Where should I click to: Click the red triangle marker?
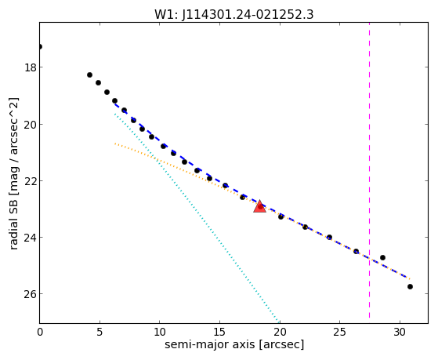pyautogui.click(x=259, y=206)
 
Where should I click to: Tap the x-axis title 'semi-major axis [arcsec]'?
pyautogui.click(x=234, y=344)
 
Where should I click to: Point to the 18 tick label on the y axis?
pyautogui.click(x=30, y=67)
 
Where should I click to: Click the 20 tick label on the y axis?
pyautogui.click(x=30, y=124)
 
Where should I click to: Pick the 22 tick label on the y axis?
pyautogui.click(x=30, y=180)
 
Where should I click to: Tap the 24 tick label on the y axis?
pyautogui.click(x=30, y=237)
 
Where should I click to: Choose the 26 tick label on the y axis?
pyautogui.click(x=30, y=293)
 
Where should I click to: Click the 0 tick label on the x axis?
pyautogui.click(x=40, y=332)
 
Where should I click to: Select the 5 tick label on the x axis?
pyautogui.click(x=100, y=332)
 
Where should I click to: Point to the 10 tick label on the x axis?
pyautogui.click(x=160, y=332)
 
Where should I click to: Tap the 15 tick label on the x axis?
pyautogui.click(x=220, y=332)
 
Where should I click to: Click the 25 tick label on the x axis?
pyautogui.click(x=340, y=332)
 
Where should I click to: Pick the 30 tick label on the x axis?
pyautogui.click(x=400, y=332)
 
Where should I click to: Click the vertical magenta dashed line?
pyautogui.click(x=369, y=170)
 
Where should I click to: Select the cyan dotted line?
pyautogui.click(x=197, y=219)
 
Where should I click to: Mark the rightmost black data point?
pyautogui.click(x=410, y=287)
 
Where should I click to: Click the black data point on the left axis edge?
pyautogui.click(x=40, y=46)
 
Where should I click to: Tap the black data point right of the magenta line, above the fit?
pyautogui.click(x=382, y=257)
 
